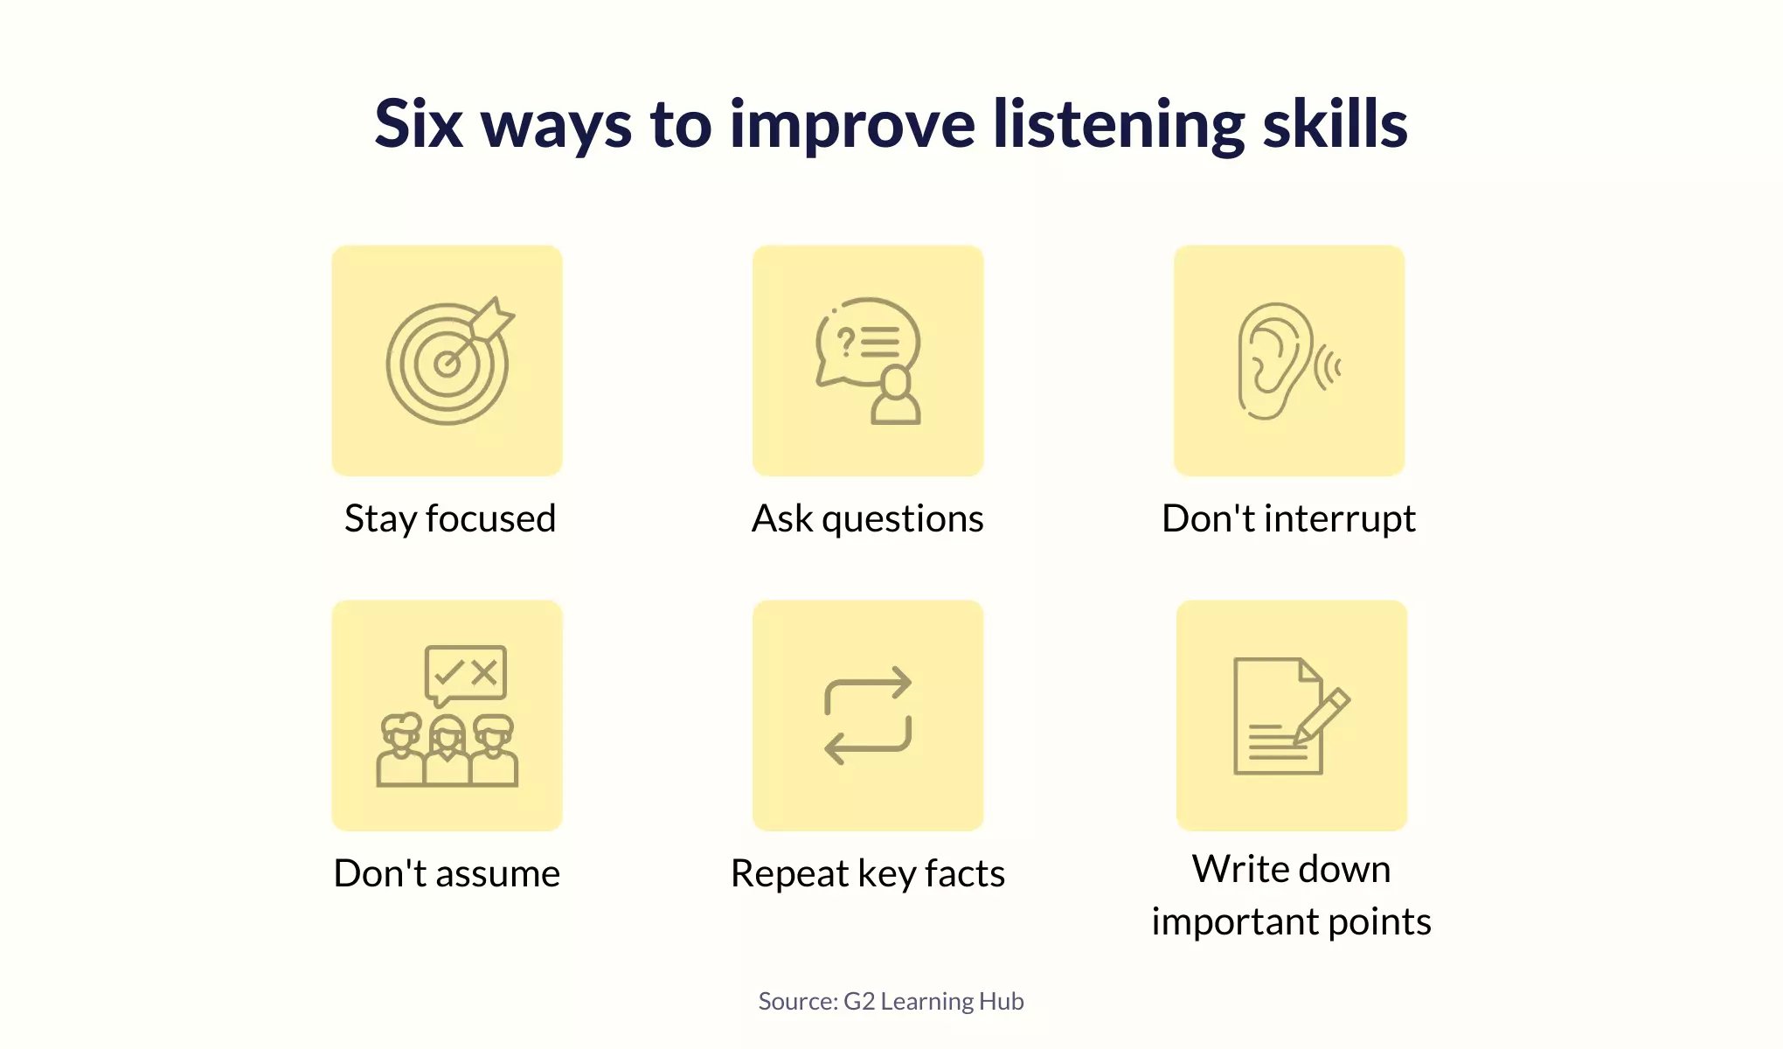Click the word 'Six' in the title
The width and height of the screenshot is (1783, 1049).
click(x=419, y=124)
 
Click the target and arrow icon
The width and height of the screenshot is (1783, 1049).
click(x=449, y=360)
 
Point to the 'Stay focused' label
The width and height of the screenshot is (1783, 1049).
click(x=450, y=518)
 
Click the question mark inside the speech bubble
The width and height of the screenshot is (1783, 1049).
click(x=845, y=342)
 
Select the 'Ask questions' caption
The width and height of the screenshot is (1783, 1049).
click(x=868, y=518)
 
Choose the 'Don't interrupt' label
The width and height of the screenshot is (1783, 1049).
click(x=1288, y=518)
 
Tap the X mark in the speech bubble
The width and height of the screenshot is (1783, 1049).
click(x=484, y=672)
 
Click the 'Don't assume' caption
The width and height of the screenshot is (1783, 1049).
click(x=447, y=873)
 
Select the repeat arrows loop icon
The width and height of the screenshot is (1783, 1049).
click(x=868, y=716)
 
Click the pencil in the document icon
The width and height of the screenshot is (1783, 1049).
click(x=1322, y=716)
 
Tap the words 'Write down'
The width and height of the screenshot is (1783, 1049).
click(x=1291, y=869)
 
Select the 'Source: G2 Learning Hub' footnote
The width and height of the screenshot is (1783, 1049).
click(x=891, y=1002)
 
